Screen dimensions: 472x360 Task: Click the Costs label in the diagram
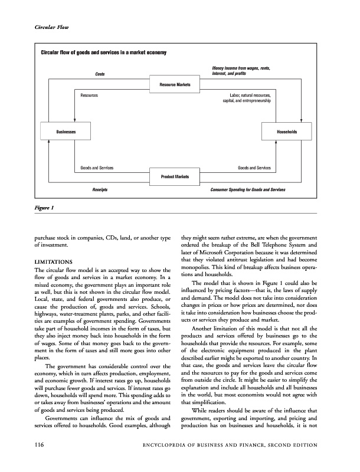100,74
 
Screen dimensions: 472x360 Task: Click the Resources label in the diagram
89,94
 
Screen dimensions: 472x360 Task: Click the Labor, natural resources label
250,94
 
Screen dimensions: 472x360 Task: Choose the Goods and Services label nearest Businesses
97,168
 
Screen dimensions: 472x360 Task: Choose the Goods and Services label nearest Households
254,168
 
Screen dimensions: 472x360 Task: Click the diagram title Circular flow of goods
103,54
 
